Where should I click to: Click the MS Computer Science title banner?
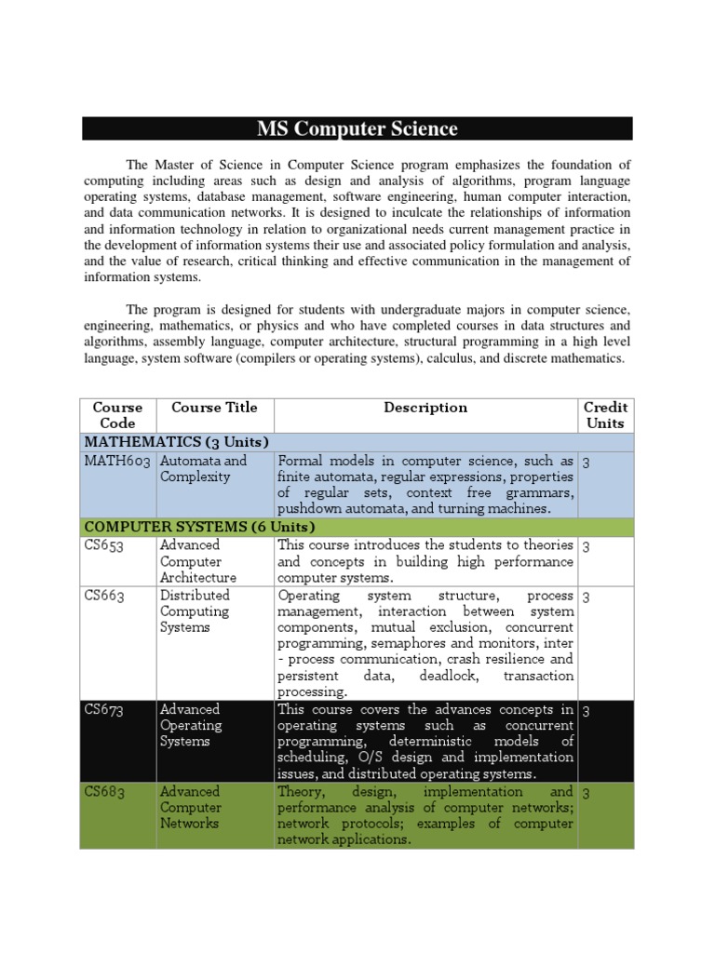click(x=357, y=128)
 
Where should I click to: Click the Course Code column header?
click(x=117, y=415)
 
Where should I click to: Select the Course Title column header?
click(x=214, y=408)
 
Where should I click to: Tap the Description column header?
click(x=425, y=408)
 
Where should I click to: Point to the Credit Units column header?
click(x=605, y=415)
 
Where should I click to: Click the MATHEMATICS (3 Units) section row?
click(x=177, y=441)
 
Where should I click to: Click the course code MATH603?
click(x=117, y=461)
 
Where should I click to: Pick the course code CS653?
click(x=105, y=545)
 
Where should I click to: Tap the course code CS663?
click(x=105, y=596)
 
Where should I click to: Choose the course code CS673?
click(x=105, y=710)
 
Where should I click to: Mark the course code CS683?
click(x=105, y=792)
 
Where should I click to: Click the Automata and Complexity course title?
click(x=203, y=469)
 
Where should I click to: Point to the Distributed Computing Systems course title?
click(x=195, y=611)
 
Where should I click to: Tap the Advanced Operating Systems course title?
click(x=191, y=726)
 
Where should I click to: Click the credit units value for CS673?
click(x=587, y=711)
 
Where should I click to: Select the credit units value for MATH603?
click(x=587, y=462)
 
